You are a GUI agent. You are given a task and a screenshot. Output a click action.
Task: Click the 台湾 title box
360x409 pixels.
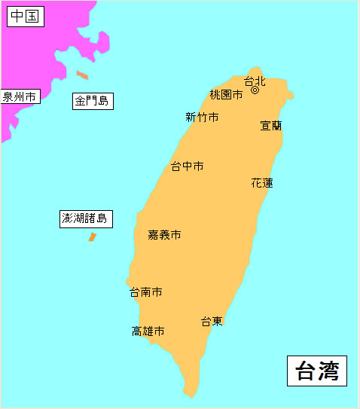click(317, 371)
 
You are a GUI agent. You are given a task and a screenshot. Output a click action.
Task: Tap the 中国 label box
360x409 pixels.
click(26, 17)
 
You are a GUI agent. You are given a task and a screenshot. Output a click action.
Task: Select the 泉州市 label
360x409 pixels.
click(20, 96)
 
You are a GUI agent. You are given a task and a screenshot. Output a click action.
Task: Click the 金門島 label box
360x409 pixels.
click(93, 100)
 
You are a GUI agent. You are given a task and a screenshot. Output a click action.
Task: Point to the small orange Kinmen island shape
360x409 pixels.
click(82, 75)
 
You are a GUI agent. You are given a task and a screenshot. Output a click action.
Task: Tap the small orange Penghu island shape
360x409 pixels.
click(92, 237)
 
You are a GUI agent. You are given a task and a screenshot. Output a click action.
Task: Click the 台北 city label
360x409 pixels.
click(255, 81)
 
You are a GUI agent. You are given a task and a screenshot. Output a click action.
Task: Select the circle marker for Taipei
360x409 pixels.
click(255, 90)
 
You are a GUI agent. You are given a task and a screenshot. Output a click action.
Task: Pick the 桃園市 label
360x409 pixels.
click(226, 95)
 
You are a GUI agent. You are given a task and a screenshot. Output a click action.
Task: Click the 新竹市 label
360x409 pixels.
click(202, 117)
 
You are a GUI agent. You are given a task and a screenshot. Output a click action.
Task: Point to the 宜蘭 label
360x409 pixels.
click(271, 126)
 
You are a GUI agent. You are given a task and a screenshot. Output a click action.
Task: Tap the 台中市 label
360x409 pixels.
click(187, 166)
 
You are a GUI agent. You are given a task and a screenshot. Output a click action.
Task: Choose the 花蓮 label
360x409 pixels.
click(262, 182)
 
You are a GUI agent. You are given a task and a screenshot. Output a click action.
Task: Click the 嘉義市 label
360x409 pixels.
click(164, 235)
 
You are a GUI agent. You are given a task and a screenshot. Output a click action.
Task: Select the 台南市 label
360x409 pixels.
click(145, 291)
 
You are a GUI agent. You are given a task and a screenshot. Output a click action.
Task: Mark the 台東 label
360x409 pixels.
click(212, 322)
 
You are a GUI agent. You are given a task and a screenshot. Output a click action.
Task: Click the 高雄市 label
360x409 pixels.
click(148, 331)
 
